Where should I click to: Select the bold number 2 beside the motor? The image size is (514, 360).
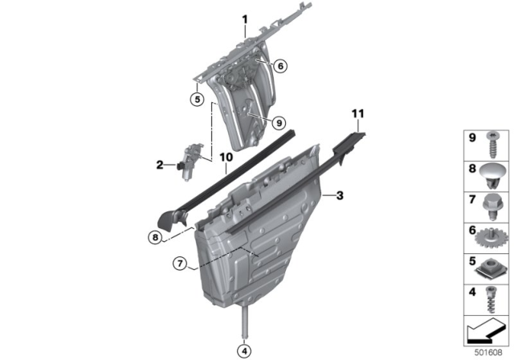point(160,165)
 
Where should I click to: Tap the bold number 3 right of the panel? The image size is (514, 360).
point(340,195)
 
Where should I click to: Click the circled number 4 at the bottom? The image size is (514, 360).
point(243,350)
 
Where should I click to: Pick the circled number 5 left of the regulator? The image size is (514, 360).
point(195,100)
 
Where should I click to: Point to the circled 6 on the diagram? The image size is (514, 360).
point(279,67)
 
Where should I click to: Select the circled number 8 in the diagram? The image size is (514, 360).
point(154,237)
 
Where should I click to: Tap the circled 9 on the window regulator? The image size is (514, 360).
point(279,123)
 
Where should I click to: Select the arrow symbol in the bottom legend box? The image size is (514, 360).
point(483,328)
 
